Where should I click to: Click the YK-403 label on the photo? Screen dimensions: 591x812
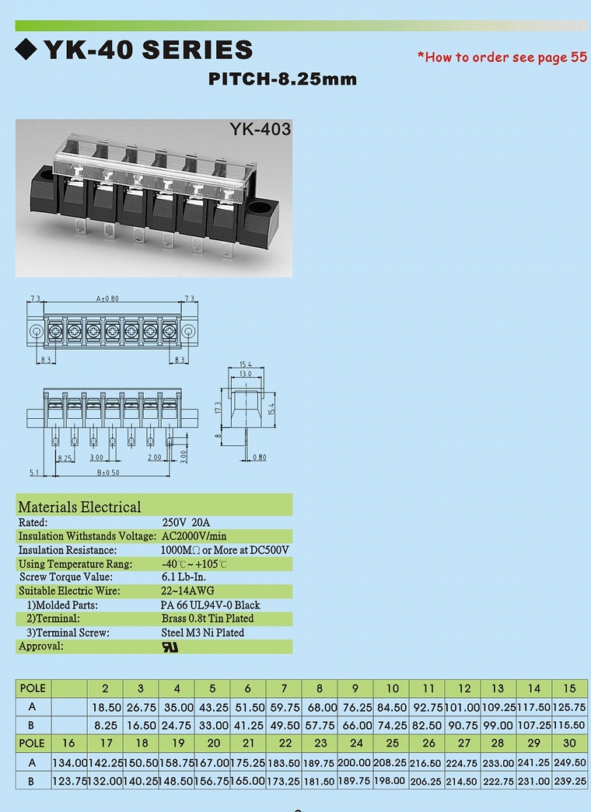pyautogui.click(x=261, y=129)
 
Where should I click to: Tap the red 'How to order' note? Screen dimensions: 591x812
pyautogui.click(x=502, y=57)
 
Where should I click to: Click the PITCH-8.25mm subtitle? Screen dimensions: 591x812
pyautogui.click(x=282, y=78)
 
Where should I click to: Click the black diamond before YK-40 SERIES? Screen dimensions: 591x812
pyautogui.click(x=26, y=49)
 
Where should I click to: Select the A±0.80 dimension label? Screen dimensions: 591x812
pyautogui.click(x=107, y=299)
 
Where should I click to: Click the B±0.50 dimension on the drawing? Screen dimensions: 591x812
pyautogui.click(x=108, y=472)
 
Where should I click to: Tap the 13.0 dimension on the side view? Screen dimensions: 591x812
pyautogui.click(x=245, y=374)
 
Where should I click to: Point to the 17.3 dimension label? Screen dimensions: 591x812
pyautogui.click(x=219, y=408)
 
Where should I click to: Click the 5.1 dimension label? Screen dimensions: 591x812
pyautogui.click(x=34, y=472)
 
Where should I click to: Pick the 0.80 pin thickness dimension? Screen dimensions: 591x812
pyautogui.click(x=260, y=457)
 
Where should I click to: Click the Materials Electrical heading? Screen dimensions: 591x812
pyautogui.click(x=79, y=507)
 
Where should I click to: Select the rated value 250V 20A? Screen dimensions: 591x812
pyautogui.click(x=186, y=522)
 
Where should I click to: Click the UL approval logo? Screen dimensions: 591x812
pyautogui.click(x=170, y=646)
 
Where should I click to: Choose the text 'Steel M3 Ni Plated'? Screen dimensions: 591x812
pyautogui.click(x=203, y=633)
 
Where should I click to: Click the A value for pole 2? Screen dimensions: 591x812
pyautogui.click(x=107, y=707)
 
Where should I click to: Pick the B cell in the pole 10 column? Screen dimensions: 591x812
pyautogui.click(x=391, y=726)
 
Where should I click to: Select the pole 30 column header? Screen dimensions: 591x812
pyautogui.click(x=569, y=743)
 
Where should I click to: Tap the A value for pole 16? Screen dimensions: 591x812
pyautogui.click(x=69, y=762)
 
